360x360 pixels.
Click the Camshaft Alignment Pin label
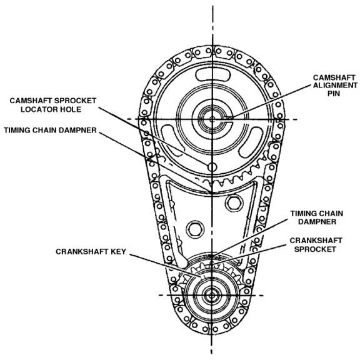(335, 86)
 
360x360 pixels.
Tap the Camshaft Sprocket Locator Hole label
(53, 105)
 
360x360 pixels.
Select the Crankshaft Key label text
(91, 252)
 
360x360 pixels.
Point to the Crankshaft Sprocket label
(316, 245)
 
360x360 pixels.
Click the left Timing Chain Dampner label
(50, 130)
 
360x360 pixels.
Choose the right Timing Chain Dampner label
(317, 217)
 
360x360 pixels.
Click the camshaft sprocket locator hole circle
(212, 167)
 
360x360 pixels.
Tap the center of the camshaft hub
(212, 119)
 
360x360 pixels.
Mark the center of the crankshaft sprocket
(212, 295)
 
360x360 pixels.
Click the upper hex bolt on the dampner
(234, 202)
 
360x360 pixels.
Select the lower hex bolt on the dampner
(195, 229)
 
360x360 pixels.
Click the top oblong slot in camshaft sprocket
(212, 75)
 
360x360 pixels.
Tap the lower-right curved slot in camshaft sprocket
(251, 142)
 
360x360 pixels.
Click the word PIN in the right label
(334, 94)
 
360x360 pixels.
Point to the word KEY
(118, 252)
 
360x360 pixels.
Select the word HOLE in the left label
(71, 109)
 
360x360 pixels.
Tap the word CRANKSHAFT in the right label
(316, 241)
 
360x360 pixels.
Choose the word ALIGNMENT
(335, 86)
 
